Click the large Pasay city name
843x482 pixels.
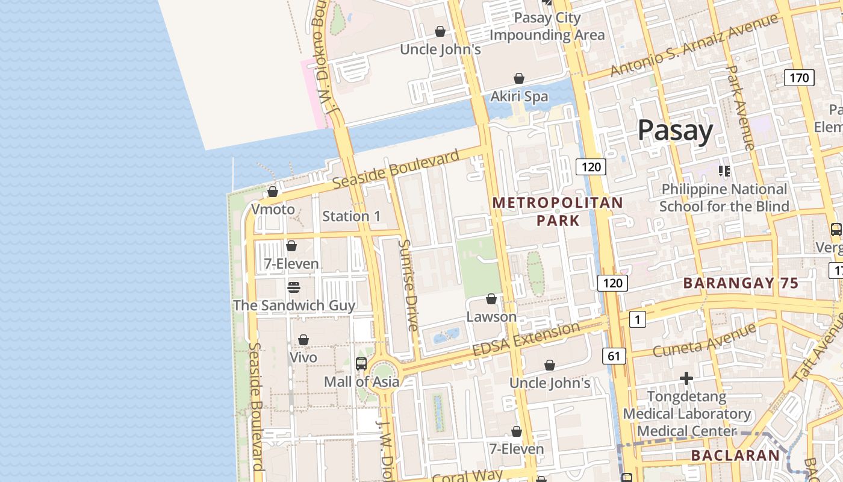[x=675, y=130]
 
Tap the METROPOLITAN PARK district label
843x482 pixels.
[x=558, y=211]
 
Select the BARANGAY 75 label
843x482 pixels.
[x=741, y=283]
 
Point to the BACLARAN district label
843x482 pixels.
[x=735, y=455]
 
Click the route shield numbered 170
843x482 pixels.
[x=799, y=78]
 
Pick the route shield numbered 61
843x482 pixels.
[x=614, y=356]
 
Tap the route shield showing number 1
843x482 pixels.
[x=637, y=319]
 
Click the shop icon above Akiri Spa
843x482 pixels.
[x=519, y=78]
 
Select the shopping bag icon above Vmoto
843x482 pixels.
[x=273, y=192]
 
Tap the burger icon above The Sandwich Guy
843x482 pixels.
[x=294, y=287]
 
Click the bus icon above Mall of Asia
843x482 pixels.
[x=361, y=363]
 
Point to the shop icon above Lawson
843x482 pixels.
[x=491, y=299]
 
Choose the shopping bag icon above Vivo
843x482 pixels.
[x=303, y=340]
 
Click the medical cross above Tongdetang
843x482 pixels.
[x=686, y=378]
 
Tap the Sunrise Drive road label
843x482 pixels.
[x=408, y=285]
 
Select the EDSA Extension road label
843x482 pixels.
[x=526, y=339]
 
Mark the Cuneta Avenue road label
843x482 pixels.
[x=704, y=340]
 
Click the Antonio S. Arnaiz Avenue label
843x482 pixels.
[x=694, y=45]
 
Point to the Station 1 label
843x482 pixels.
[x=352, y=216]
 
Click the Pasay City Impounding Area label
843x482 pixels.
[x=547, y=27]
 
